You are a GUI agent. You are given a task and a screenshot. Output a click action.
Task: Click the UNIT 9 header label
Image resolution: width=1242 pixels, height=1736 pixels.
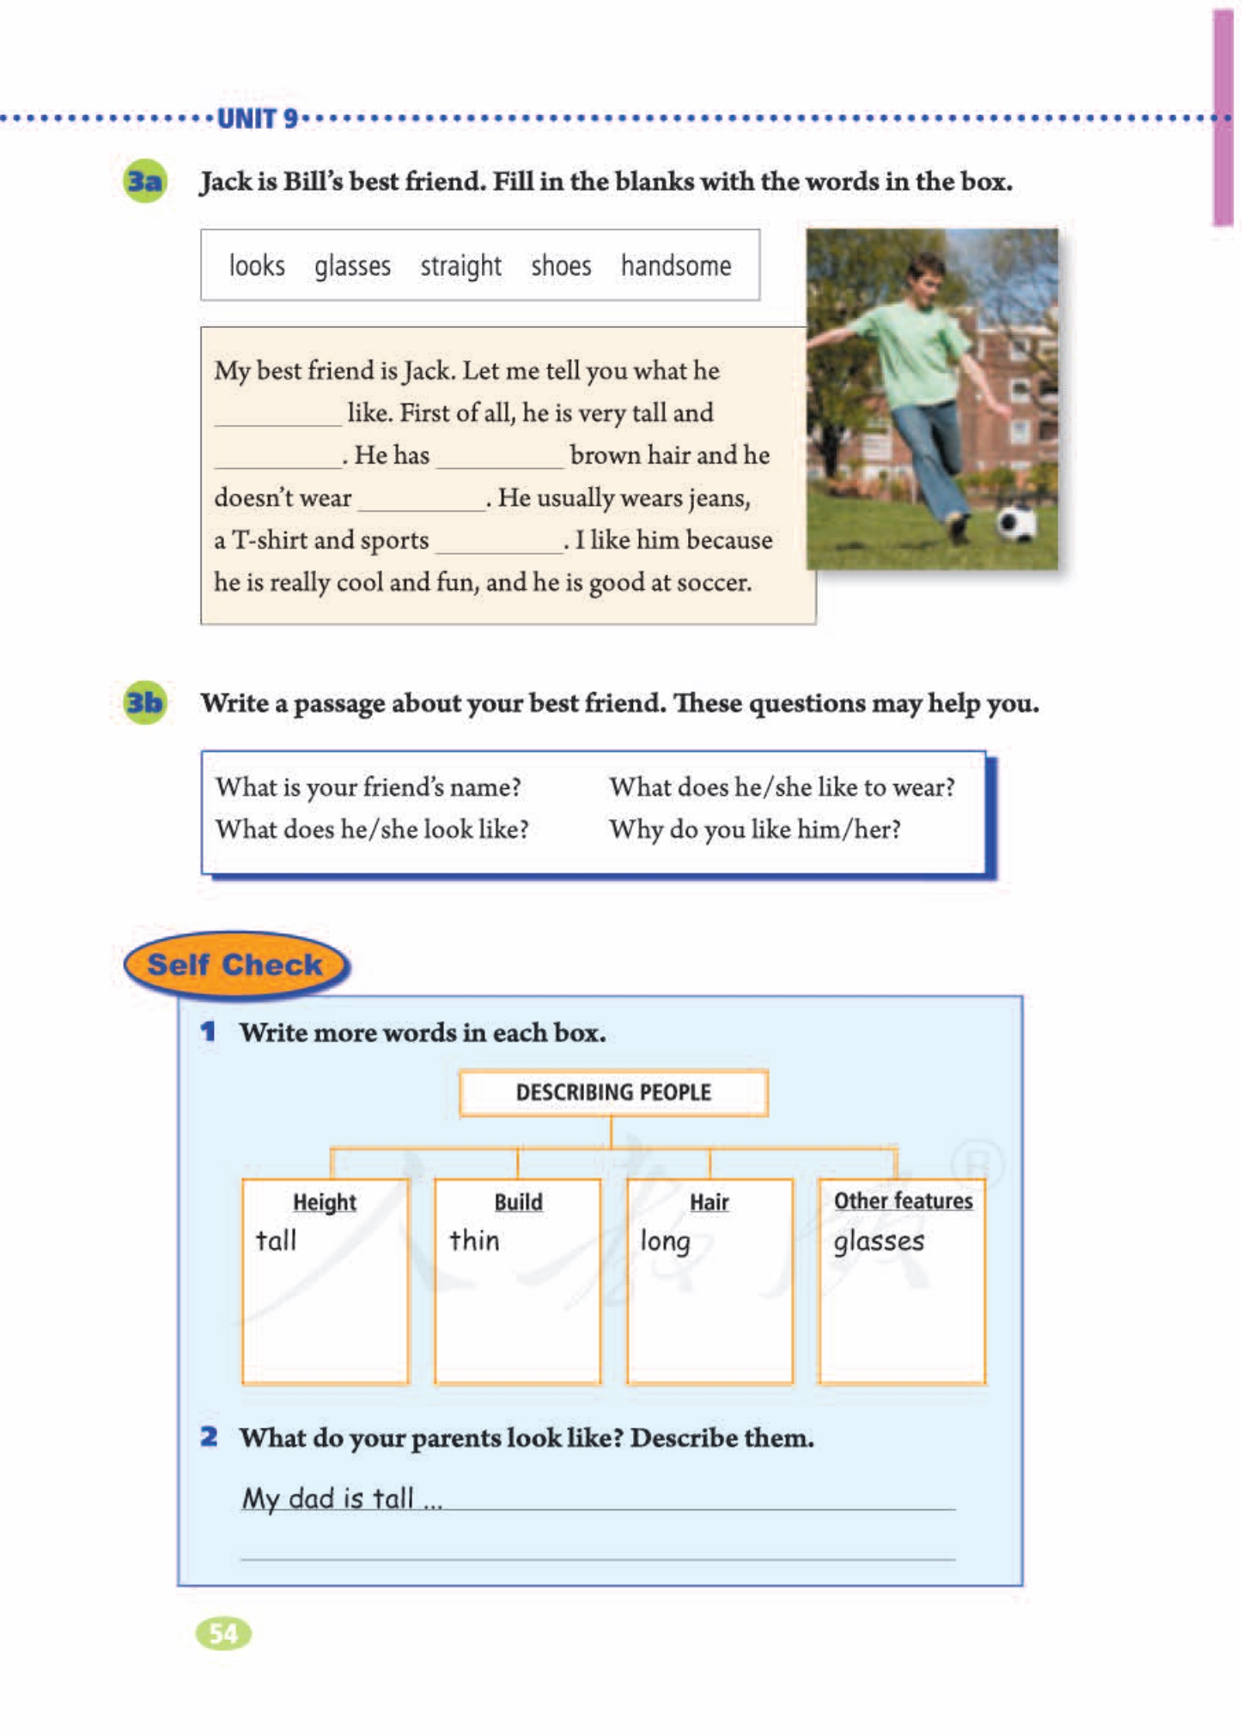(x=257, y=118)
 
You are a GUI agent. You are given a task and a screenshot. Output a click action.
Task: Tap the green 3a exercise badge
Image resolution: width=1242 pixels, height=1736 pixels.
(x=145, y=181)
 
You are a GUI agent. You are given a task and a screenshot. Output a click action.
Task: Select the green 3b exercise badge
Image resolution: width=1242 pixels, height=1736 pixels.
(x=144, y=703)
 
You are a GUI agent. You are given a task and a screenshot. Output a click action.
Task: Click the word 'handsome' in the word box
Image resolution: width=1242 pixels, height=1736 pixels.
(x=676, y=266)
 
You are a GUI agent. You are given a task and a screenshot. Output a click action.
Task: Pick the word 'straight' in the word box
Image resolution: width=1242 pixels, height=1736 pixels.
(x=460, y=266)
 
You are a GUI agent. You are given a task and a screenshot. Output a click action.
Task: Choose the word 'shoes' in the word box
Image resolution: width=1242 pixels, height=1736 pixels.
(x=561, y=266)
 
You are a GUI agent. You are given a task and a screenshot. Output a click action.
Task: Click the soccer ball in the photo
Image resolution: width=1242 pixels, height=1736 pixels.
(x=1016, y=521)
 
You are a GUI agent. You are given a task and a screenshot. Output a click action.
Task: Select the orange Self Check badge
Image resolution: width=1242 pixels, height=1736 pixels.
(x=235, y=965)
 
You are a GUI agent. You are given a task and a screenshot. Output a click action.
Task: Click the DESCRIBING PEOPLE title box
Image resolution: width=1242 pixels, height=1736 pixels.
(x=613, y=1092)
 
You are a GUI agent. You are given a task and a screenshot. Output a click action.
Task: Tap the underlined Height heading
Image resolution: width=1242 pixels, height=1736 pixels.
(x=325, y=1202)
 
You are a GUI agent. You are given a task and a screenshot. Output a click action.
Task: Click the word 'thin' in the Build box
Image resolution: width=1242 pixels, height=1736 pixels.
(x=474, y=1241)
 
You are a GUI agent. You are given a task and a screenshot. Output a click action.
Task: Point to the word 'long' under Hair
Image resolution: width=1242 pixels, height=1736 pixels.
(x=666, y=1241)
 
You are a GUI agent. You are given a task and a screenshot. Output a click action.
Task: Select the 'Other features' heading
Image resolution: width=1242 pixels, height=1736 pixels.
(x=903, y=1200)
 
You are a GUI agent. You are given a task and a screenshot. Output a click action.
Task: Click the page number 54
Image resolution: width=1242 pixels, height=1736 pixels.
(x=223, y=1633)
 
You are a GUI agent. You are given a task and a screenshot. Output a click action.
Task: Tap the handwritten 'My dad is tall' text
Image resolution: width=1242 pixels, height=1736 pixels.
(x=342, y=1498)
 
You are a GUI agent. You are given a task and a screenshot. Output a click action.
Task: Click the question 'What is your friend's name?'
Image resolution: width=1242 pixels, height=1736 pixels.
(x=368, y=787)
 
